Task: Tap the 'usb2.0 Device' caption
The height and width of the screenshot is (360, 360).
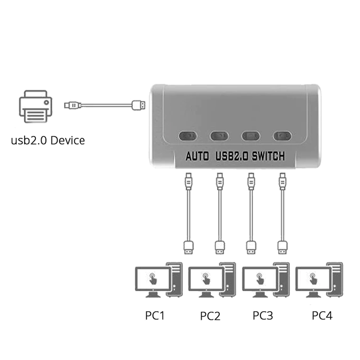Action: [48, 140]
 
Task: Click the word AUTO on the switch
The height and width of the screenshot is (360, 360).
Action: [197, 157]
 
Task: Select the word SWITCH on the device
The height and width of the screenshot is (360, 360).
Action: [268, 157]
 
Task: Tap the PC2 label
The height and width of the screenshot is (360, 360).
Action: [210, 315]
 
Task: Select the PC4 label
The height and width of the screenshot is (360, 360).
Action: [322, 315]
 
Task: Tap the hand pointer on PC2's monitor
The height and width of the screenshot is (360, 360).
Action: [206, 278]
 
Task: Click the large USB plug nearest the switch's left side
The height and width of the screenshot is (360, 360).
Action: [138, 105]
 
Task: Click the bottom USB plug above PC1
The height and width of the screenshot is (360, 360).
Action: [189, 246]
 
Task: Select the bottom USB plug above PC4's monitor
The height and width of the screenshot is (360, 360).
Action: [283, 246]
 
